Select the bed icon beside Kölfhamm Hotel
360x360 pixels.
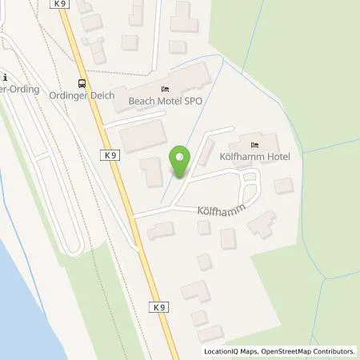tap(255, 145)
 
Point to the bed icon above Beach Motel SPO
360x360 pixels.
tap(165, 89)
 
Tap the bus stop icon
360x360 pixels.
tap(81, 83)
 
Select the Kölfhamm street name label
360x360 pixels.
tap(218, 211)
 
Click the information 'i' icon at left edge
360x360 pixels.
tap(5, 78)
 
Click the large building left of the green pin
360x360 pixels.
tap(144, 133)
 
